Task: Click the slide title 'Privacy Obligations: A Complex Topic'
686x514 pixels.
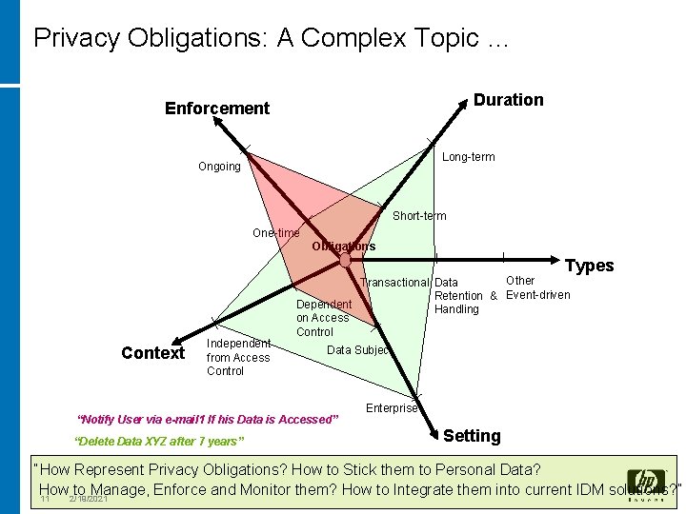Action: (272, 39)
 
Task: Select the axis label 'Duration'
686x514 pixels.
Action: (508, 100)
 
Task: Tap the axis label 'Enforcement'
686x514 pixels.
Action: (217, 109)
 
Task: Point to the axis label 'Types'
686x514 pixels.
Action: (590, 266)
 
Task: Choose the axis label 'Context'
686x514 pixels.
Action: (152, 353)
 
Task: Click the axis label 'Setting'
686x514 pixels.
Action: (472, 436)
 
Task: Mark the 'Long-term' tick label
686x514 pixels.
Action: (469, 157)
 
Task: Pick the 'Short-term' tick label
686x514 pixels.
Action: (419, 216)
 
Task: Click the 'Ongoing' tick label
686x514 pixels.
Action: (219, 167)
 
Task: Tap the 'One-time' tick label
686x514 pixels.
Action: (275, 233)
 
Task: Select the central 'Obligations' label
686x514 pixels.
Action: (343, 247)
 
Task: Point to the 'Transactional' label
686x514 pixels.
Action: (394, 282)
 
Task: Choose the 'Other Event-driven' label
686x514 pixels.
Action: (537, 287)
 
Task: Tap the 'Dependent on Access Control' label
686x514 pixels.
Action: (323, 318)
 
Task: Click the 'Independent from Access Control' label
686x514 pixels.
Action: (238, 357)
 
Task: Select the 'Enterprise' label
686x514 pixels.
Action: (392, 408)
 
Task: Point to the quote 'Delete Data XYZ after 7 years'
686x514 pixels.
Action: (159, 441)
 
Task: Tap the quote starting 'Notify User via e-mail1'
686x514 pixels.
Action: (207, 419)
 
